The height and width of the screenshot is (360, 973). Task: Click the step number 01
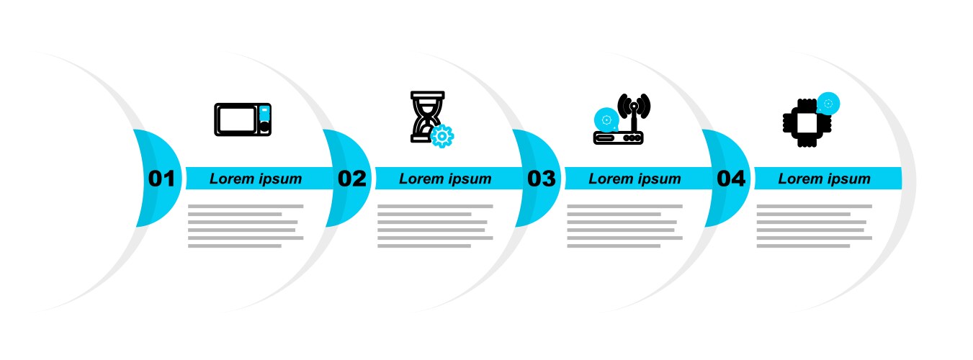point(161,179)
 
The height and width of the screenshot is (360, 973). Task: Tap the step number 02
point(352,179)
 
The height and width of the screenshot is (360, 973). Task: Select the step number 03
point(541,179)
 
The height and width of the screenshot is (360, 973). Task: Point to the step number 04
point(731,179)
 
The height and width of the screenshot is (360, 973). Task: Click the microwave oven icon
point(243,120)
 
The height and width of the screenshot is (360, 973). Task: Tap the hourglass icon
point(429,117)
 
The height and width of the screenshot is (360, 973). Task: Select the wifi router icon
point(622,119)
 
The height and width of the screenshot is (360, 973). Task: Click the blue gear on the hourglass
point(441,136)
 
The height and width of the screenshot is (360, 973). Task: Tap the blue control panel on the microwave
point(264,113)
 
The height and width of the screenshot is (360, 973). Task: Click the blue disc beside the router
point(606,120)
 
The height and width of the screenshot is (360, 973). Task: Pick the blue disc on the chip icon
point(828,104)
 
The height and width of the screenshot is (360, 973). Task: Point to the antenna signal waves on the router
point(635,105)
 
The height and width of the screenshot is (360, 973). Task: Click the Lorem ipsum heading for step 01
point(256,179)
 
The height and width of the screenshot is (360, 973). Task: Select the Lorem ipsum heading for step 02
point(445,179)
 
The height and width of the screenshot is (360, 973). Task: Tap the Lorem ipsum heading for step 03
point(635,179)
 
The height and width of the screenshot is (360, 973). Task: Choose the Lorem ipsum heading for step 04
point(824,179)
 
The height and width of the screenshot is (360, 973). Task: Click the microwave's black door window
point(237,120)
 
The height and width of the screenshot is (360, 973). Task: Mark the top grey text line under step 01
point(246,206)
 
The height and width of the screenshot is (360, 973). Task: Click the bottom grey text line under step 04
point(803,246)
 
